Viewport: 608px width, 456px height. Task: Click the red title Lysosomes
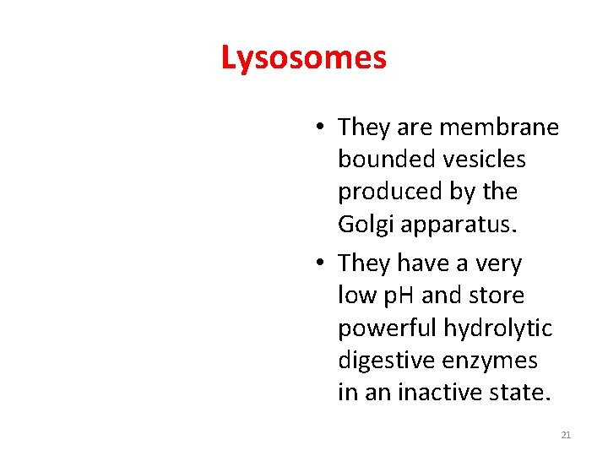304,58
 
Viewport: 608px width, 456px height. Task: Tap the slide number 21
566,435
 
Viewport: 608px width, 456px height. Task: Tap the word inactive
433,393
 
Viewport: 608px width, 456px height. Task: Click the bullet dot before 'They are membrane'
321,128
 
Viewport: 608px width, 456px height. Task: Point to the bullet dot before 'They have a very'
321,263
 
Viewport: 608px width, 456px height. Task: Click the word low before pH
355,296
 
